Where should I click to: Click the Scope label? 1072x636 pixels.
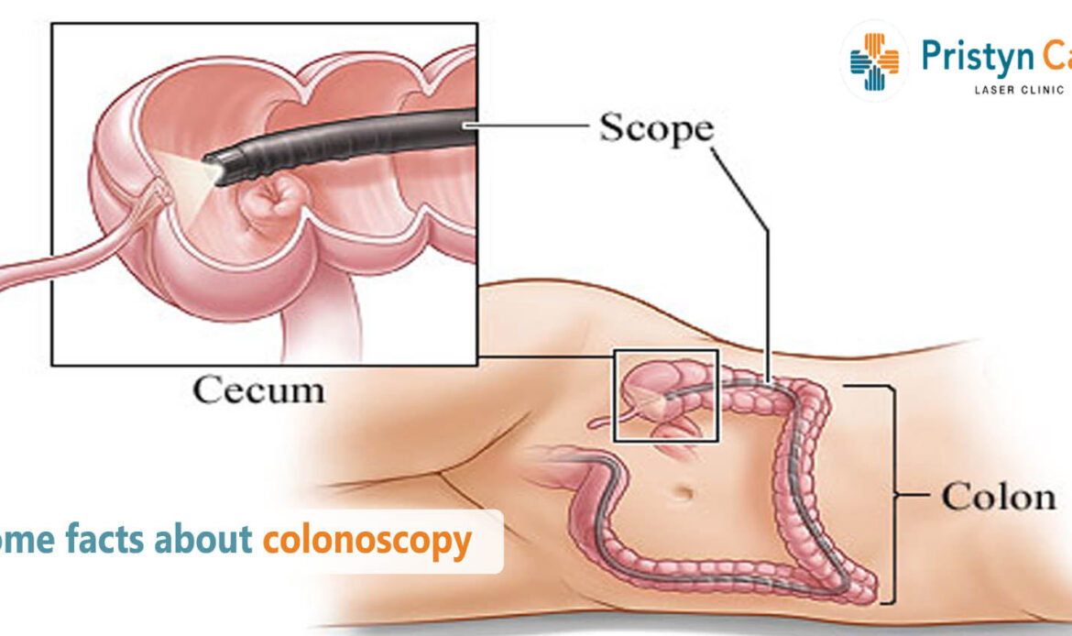coord(656,129)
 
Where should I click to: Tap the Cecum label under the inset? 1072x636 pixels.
coord(258,391)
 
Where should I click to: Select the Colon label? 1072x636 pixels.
coord(998,498)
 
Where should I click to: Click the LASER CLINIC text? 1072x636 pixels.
coord(1008,90)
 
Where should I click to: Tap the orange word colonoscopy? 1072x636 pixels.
coord(366,541)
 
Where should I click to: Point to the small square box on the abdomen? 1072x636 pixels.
coord(666,395)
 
